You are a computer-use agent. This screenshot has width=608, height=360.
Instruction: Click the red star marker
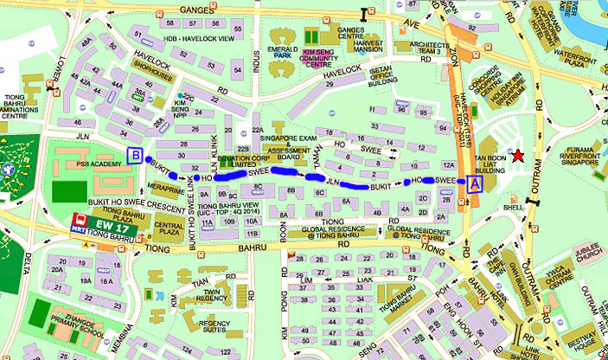pos(517,156)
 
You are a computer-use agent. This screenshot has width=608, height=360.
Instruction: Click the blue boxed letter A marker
pos(472,183)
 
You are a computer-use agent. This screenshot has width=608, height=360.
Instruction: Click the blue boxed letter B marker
pos(135,156)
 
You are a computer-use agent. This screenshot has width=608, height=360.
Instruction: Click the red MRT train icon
pos(80,222)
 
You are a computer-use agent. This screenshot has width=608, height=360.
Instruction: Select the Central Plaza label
pos(168,227)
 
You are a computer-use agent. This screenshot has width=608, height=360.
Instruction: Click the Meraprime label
pos(166,188)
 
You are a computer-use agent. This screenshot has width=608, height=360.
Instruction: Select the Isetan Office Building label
pos(381,78)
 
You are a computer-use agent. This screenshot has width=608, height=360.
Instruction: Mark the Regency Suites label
pos(213,326)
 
